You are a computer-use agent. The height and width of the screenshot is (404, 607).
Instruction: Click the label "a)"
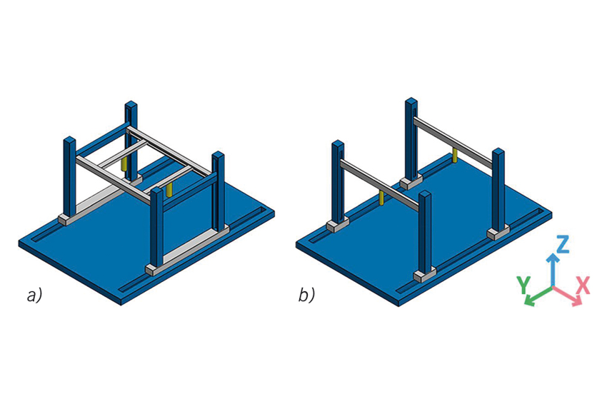click(x=34, y=296)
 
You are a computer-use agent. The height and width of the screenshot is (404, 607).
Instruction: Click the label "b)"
click(x=306, y=296)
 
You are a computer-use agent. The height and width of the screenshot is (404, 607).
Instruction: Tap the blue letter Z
click(x=563, y=244)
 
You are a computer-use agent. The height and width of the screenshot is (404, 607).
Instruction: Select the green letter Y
click(x=523, y=286)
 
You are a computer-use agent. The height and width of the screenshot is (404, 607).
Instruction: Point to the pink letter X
click(x=583, y=286)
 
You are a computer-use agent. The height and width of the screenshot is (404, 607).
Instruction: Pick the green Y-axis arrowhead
click(x=529, y=301)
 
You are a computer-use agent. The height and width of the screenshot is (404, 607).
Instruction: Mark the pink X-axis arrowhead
click(x=577, y=301)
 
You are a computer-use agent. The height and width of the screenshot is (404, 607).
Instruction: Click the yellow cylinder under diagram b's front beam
click(x=382, y=197)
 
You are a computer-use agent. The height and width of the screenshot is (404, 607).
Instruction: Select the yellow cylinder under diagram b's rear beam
click(x=455, y=155)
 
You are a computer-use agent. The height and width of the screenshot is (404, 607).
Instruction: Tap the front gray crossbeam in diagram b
click(x=379, y=185)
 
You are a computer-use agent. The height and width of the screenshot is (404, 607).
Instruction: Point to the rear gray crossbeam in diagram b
click(x=453, y=141)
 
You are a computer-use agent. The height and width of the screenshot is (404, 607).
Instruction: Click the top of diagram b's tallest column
click(x=411, y=102)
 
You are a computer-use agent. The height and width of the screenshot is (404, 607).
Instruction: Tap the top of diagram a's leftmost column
click(x=69, y=140)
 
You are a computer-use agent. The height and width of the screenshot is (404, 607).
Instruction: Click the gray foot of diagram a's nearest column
click(x=156, y=269)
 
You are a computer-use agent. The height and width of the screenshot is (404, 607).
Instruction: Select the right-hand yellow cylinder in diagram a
click(x=169, y=190)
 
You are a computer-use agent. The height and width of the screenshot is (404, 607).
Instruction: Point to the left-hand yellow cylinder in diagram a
click(x=124, y=163)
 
